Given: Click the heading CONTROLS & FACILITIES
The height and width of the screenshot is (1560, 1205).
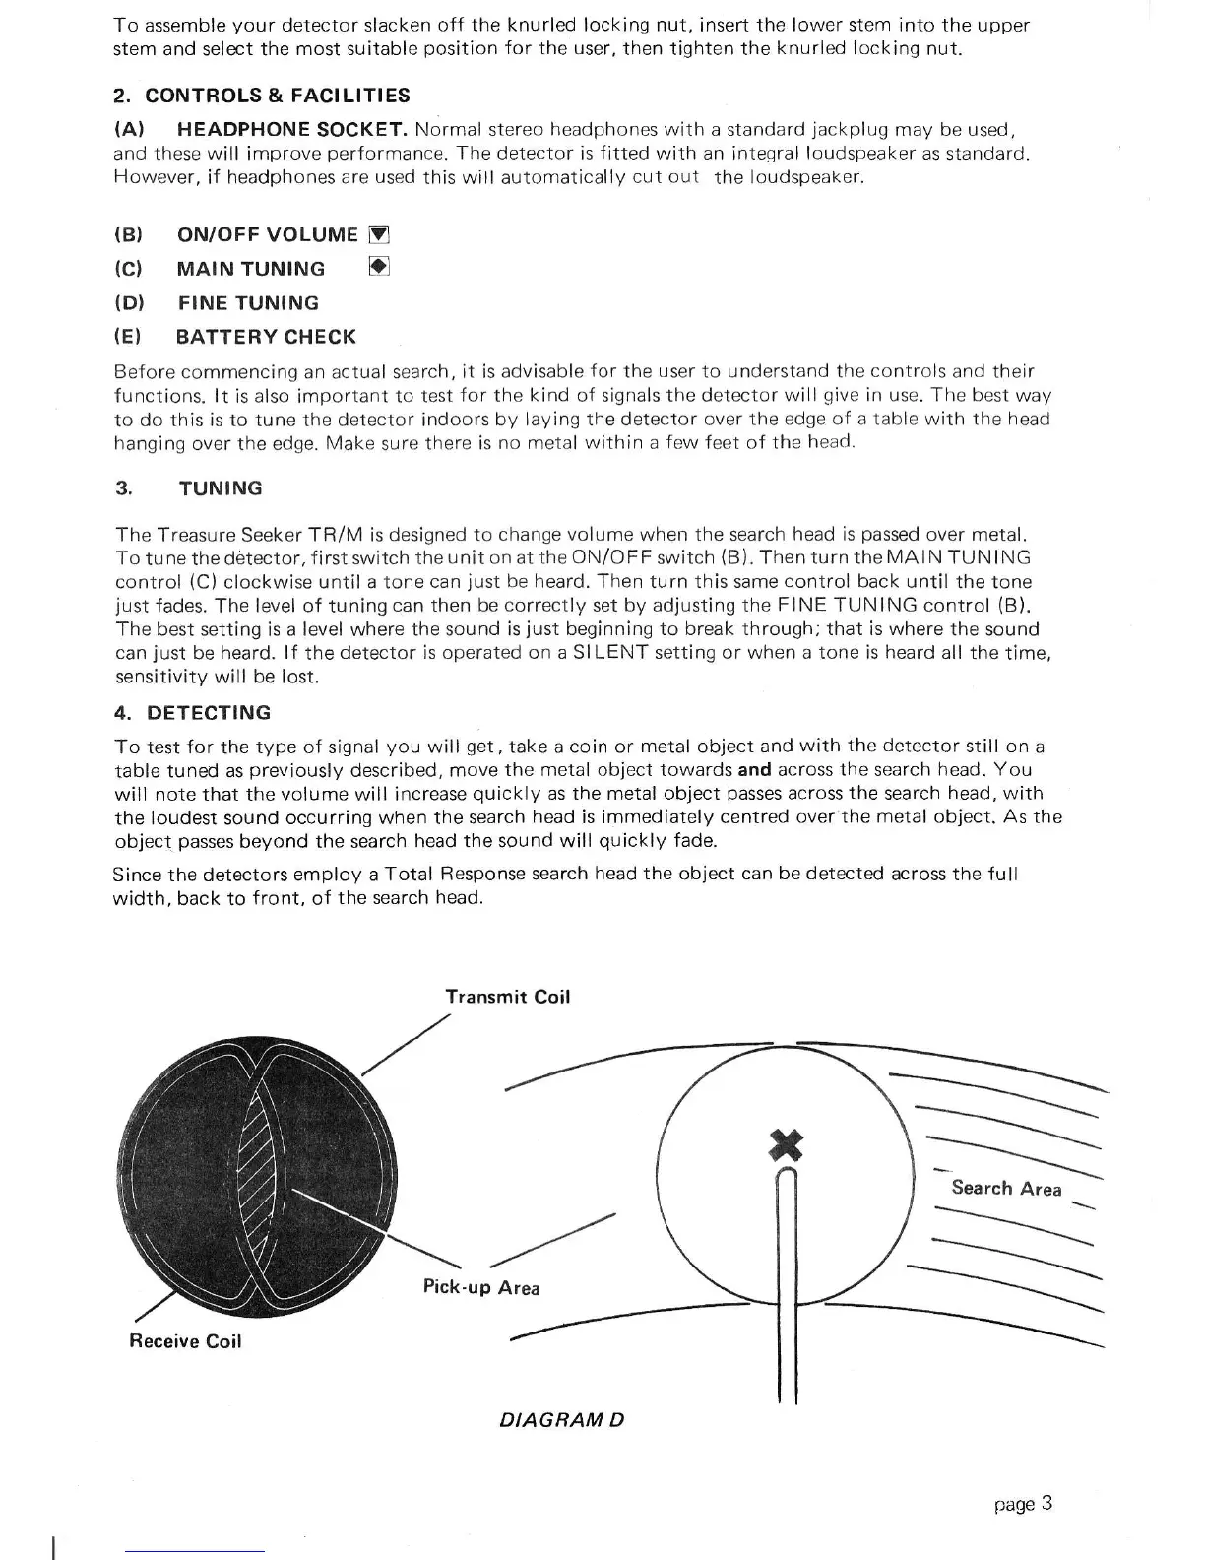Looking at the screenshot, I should click(277, 96).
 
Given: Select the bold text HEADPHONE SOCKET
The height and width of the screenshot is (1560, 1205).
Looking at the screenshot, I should click(292, 130).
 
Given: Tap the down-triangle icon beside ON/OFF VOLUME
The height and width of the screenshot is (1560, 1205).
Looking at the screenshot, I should click(379, 235).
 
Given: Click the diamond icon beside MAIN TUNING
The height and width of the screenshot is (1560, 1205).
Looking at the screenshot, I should click(380, 267).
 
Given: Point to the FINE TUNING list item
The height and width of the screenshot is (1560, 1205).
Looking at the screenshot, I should click(248, 303).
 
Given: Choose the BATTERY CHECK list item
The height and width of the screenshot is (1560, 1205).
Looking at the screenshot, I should click(266, 337).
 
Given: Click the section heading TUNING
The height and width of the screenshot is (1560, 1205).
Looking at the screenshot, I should click(221, 488).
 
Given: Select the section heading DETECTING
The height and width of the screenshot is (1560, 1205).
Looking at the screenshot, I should click(208, 713).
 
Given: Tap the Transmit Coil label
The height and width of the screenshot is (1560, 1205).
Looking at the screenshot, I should click(507, 997).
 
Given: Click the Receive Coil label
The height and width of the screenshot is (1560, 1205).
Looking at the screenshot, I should click(185, 1341).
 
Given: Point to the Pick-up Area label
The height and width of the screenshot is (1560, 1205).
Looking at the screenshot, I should click(481, 1288).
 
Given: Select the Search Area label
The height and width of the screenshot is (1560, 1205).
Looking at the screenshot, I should click(1006, 1188).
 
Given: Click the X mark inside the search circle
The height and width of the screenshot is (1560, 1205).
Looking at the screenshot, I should click(786, 1144).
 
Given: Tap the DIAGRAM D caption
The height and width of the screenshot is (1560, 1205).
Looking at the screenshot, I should click(562, 1420).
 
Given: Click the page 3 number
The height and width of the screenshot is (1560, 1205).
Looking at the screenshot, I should click(1024, 1504).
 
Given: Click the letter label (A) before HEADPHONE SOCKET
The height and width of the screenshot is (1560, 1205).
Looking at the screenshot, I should click(130, 130).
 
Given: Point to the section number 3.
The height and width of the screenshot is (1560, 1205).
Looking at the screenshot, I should click(123, 488).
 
